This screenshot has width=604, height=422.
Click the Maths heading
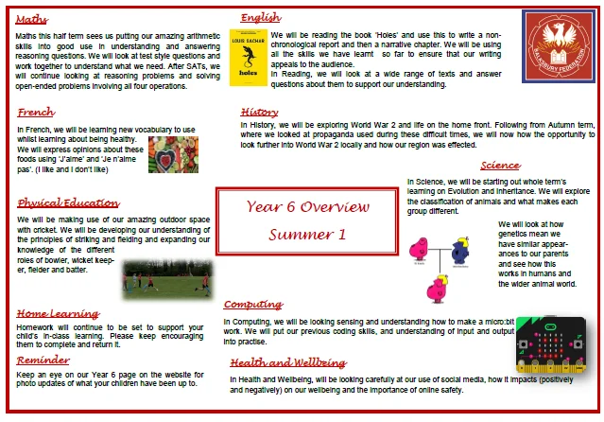(x=33, y=19)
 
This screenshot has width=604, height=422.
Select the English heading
(x=260, y=18)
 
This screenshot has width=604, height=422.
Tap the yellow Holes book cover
(x=248, y=55)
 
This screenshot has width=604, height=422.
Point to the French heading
(x=36, y=113)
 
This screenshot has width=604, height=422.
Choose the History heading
(x=259, y=112)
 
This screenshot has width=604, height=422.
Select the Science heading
(x=499, y=166)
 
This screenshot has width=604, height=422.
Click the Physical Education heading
(x=68, y=202)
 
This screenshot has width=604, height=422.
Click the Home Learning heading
(x=58, y=313)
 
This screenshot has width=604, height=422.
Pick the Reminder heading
(x=43, y=360)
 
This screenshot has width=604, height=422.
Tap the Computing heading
(x=252, y=305)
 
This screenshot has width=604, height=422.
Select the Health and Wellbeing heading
(x=287, y=362)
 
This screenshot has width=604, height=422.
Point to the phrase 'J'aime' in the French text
(x=95, y=160)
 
